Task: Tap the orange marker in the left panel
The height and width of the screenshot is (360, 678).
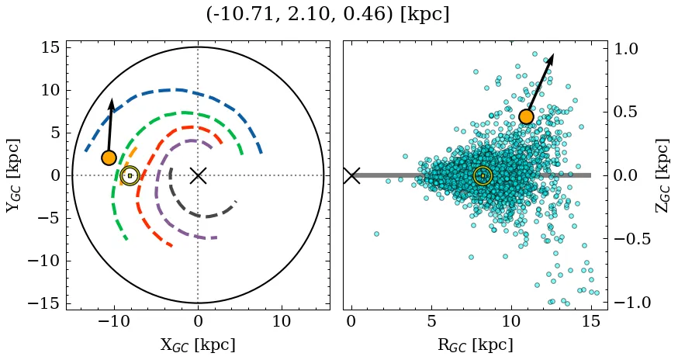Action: [x=109, y=157]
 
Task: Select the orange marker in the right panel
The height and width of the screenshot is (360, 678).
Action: [x=526, y=116]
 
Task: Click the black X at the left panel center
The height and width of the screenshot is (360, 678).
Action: [x=198, y=175]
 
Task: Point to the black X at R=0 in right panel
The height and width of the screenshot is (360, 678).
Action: [x=351, y=175]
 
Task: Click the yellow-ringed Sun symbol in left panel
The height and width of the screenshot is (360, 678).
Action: [x=130, y=176]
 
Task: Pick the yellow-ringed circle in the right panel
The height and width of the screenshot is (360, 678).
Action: [x=483, y=176]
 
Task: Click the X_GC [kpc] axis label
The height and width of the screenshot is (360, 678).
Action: [x=197, y=344]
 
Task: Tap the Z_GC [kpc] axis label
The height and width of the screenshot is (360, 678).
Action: [x=661, y=175]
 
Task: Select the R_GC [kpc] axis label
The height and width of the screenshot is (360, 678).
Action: [x=475, y=344]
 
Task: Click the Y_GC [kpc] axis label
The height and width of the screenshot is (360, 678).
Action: [x=13, y=175]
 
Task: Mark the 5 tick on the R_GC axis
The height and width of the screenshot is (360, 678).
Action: [x=431, y=320]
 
